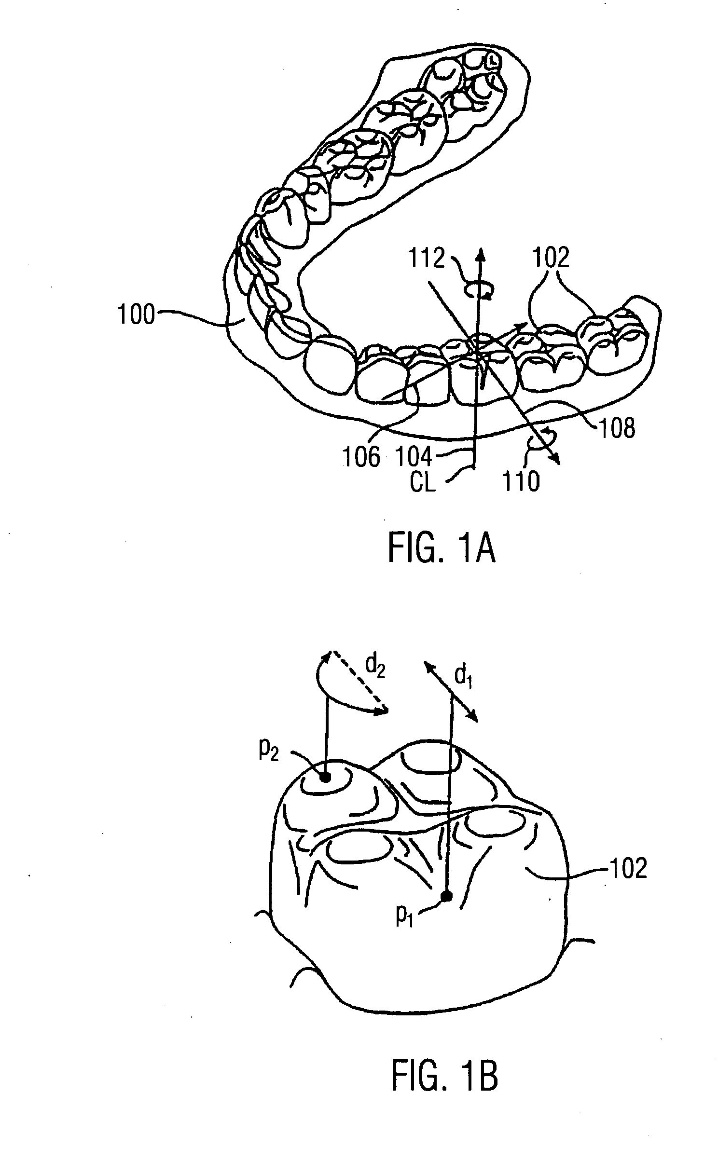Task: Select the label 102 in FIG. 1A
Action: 551,258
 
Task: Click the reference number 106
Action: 361,456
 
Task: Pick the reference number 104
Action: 413,456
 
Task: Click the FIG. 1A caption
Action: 442,550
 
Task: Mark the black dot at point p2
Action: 325,777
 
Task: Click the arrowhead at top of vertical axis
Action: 480,252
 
